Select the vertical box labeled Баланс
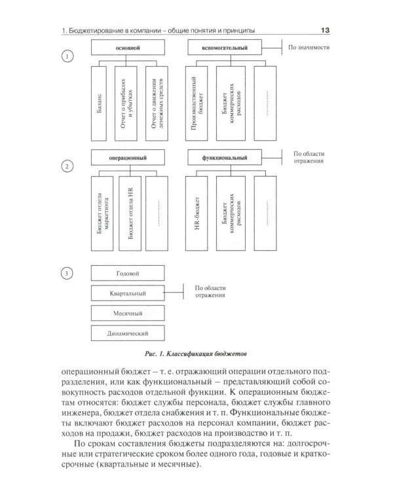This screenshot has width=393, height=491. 98,103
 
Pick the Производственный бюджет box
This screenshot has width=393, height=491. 197,103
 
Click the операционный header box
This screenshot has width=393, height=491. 127,158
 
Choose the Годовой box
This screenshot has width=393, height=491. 127,272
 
